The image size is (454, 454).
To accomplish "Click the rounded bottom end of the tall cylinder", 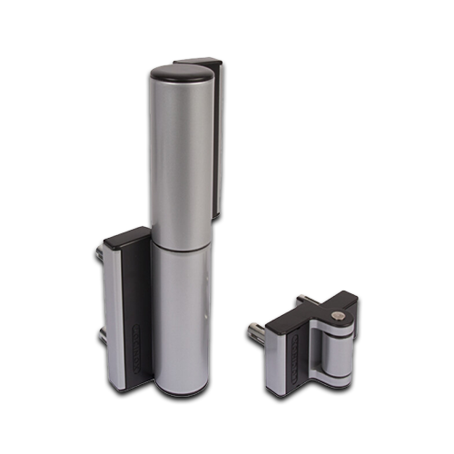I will point(178,385).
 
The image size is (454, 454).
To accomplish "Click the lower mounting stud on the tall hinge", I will point(101,336).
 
